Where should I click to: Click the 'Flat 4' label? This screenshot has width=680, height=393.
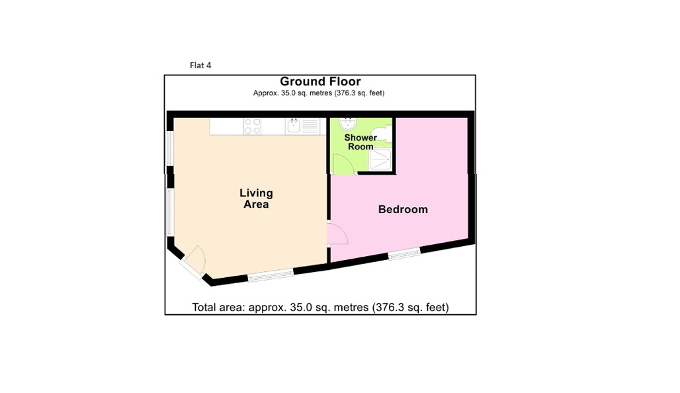click(x=200, y=65)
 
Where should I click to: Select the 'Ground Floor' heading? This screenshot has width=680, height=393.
click(x=320, y=81)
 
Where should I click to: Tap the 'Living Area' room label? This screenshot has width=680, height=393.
click(x=256, y=198)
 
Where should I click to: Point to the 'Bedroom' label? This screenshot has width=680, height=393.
click(x=403, y=209)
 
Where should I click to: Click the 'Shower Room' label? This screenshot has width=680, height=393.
click(x=361, y=142)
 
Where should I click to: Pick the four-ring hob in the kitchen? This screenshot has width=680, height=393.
click(x=253, y=126)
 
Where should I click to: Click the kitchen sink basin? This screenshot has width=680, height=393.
click(x=294, y=126)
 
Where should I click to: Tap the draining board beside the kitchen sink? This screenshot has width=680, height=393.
click(x=310, y=126)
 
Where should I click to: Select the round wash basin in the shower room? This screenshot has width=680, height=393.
click(x=348, y=123)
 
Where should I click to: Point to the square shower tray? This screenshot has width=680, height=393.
click(x=380, y=159)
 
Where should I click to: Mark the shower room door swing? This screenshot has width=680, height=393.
click(x=343, y=164)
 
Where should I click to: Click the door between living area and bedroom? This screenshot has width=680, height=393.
click(x=337, y=234)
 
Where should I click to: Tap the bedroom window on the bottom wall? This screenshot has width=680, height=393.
click(x=404, y=253)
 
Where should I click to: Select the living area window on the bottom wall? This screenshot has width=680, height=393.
click(x=271, y=275)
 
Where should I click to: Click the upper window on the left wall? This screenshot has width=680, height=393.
click(x=170, y=148)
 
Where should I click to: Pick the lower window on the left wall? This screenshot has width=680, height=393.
click(x=170, y=212)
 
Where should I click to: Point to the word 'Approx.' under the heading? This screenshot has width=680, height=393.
click(x=265, y=93)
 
